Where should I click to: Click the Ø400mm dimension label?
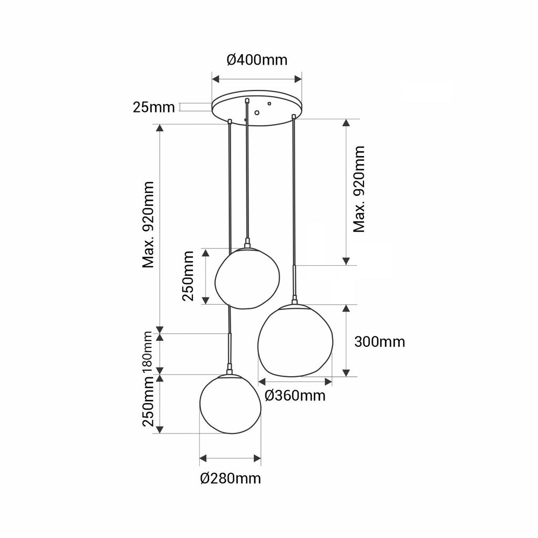[x=257, y=60]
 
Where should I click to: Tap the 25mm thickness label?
[x=154, y=107]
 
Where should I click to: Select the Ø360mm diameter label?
[x=295, y=396]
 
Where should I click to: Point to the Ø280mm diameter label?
[x=230, y=478]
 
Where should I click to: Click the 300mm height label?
[x=379, y=342]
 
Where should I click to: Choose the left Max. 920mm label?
[x=148, y=225]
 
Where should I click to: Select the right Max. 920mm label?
[x=359, y=189]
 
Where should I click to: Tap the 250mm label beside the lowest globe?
[x=148, y=401]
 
